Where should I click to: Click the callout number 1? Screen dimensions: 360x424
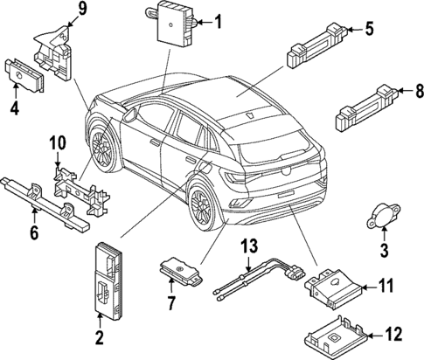click(219, 22)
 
